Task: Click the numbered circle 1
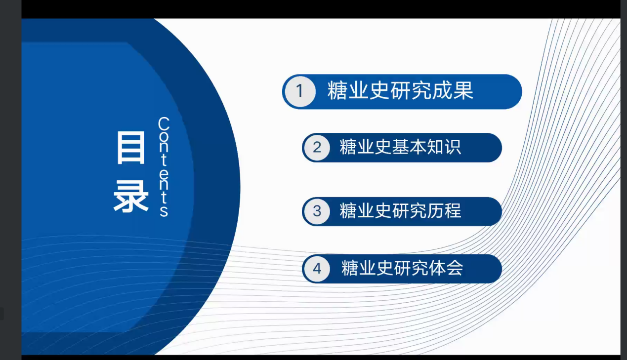tap(300, 91)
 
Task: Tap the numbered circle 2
tap(317, 148)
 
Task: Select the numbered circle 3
tap(317, 211)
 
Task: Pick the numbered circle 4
tap(317, 269)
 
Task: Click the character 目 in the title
tap(131, 148)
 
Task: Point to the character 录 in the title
tap(131, 196)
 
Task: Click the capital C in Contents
tap(164, 123)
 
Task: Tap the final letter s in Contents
tap(164, 211)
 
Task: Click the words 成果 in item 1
tap(453, 91)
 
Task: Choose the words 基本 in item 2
tap(409, 147)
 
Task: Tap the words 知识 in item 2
tap(444, 147)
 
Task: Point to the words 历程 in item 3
tap(444, 211)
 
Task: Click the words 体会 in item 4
tap(446, 268)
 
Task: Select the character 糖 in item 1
tap(337, 91)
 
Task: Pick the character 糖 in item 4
tap(350, 268)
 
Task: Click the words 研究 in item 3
tap(409, 211)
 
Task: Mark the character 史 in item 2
tap(383, 147)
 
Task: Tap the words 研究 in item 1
tap(411, 91)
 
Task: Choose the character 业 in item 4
tap(368, 268)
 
